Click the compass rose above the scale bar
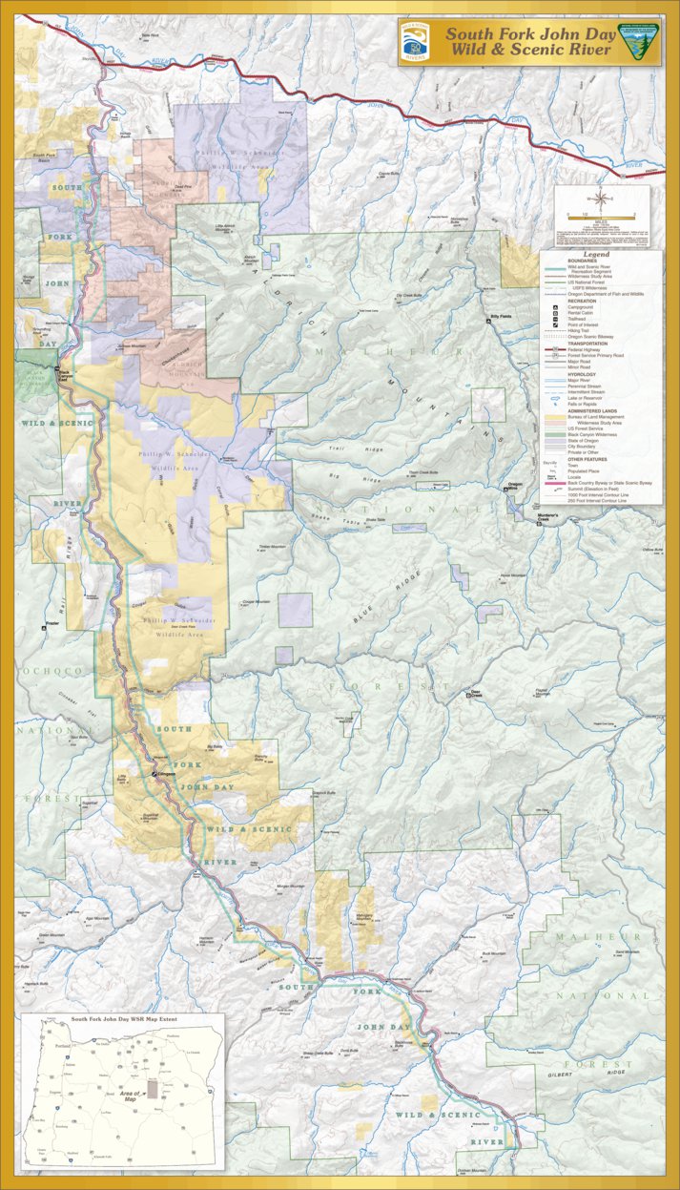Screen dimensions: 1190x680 tap(602, 199)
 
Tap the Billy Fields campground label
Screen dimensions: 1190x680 tap(501, 316)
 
